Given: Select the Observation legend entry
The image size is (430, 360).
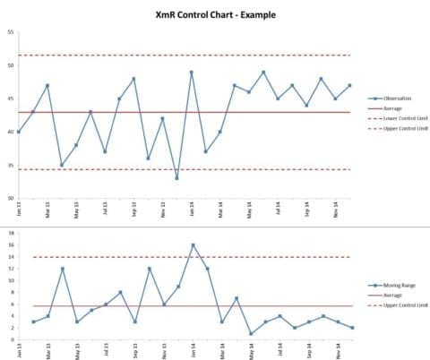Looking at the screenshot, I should tap(391, 98).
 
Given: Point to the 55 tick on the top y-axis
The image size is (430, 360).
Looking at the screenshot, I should tap(10, 32).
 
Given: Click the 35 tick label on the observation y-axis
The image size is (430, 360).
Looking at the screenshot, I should tap(10, 165).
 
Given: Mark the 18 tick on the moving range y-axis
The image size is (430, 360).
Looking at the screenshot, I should tap(10, 233).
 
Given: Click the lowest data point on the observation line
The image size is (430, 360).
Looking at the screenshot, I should tap(176, 178).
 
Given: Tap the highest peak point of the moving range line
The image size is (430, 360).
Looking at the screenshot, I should tap(193, 244).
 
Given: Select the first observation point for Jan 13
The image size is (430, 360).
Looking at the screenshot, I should tap(19, 132).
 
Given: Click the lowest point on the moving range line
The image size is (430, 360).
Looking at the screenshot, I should tap(251, 334).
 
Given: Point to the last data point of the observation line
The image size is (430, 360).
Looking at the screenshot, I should tap(349, 85).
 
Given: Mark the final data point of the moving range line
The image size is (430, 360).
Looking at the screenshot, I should tap(351, 328).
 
